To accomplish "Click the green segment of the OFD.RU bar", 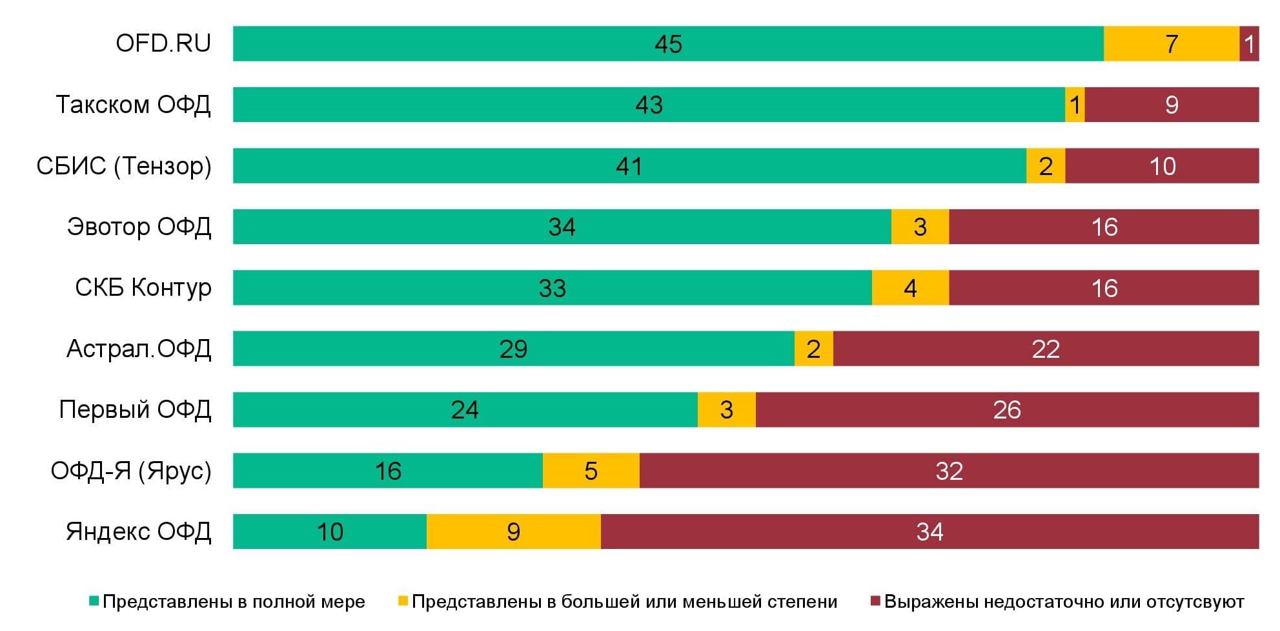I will pyautogui.click(x=668, y=44).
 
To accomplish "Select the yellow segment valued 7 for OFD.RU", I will pyautogui.click(x=1171, y=44).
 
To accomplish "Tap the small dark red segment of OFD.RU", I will pyautogui.click(x=1249, y=44).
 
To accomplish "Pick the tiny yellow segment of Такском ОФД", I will pyautogui.click(x=1075, y=105).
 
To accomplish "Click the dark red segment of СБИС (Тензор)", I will pyautogui.click(x=1162, y=166).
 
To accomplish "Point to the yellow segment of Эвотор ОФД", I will pyautogui.click(x=920, y=227).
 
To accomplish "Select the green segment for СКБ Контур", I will pyautogui.click(x=552, y=288).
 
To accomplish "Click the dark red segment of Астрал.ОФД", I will pyautogui.click(x=1046, y=349).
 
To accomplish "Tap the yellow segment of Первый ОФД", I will pyautogui.click(x=726, y=409).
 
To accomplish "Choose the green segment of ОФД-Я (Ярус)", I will pyautogui.click(x=387, y=471).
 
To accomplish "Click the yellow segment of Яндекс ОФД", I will pyautogui.click(x=513, y=532).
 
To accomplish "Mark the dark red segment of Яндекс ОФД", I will pyautogui.click(x=930, y=532).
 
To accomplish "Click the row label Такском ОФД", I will pyautogui.click(x=133, y=105).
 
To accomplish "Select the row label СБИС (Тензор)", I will pyautogui.click(x=124, y=166).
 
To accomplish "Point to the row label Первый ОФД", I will pyautogui.click(x=135, y=409).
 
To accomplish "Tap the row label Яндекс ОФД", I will pyautogui.click(x=138, y=532).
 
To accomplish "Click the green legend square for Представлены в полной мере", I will pyautogui.click(x=94, y=601).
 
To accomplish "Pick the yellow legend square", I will pyautogui.click(x=403, y=601).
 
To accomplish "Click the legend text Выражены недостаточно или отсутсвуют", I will pyautogui.click(x=1064, y=602).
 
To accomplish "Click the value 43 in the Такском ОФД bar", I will pyautogui.click(x=649, y=105).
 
